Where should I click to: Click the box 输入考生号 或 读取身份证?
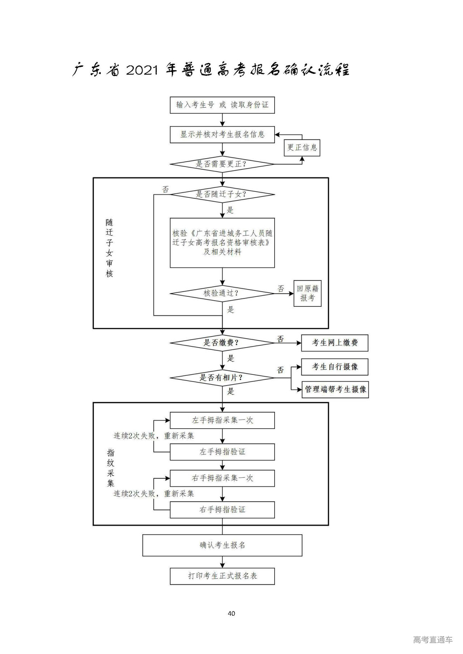coord(222,105)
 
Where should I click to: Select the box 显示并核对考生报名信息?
coord(222,134)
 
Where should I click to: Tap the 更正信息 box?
coord(302,147)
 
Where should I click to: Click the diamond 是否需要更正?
coord(222,164)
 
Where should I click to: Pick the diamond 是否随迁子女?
coord(222,194)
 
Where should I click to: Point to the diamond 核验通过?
coord(222,293)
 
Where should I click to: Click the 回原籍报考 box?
coord(307,293)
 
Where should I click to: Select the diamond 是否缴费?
coord(222,343)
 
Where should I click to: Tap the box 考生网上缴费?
coord(335,343)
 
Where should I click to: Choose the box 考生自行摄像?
coord(335,367)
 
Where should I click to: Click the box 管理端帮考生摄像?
coord(335,390)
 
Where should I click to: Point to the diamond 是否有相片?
coord(222,378)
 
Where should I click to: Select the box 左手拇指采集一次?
coord(222,421)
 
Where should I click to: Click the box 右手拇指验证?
coord(222,510)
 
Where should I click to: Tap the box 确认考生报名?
coord(222,545)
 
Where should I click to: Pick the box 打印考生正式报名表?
coord(222,576)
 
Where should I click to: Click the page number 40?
coord(231,613)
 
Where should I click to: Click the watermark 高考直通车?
coord(433,640)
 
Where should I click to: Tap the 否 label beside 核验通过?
coord(281,289)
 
